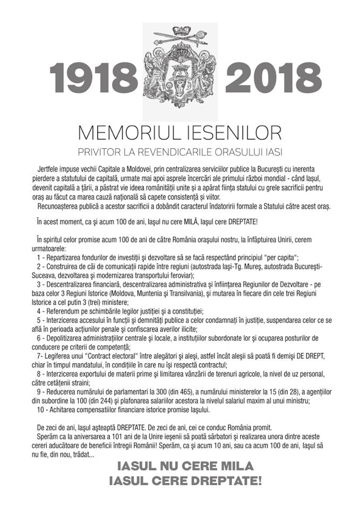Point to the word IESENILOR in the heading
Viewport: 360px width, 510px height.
point(232,132)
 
